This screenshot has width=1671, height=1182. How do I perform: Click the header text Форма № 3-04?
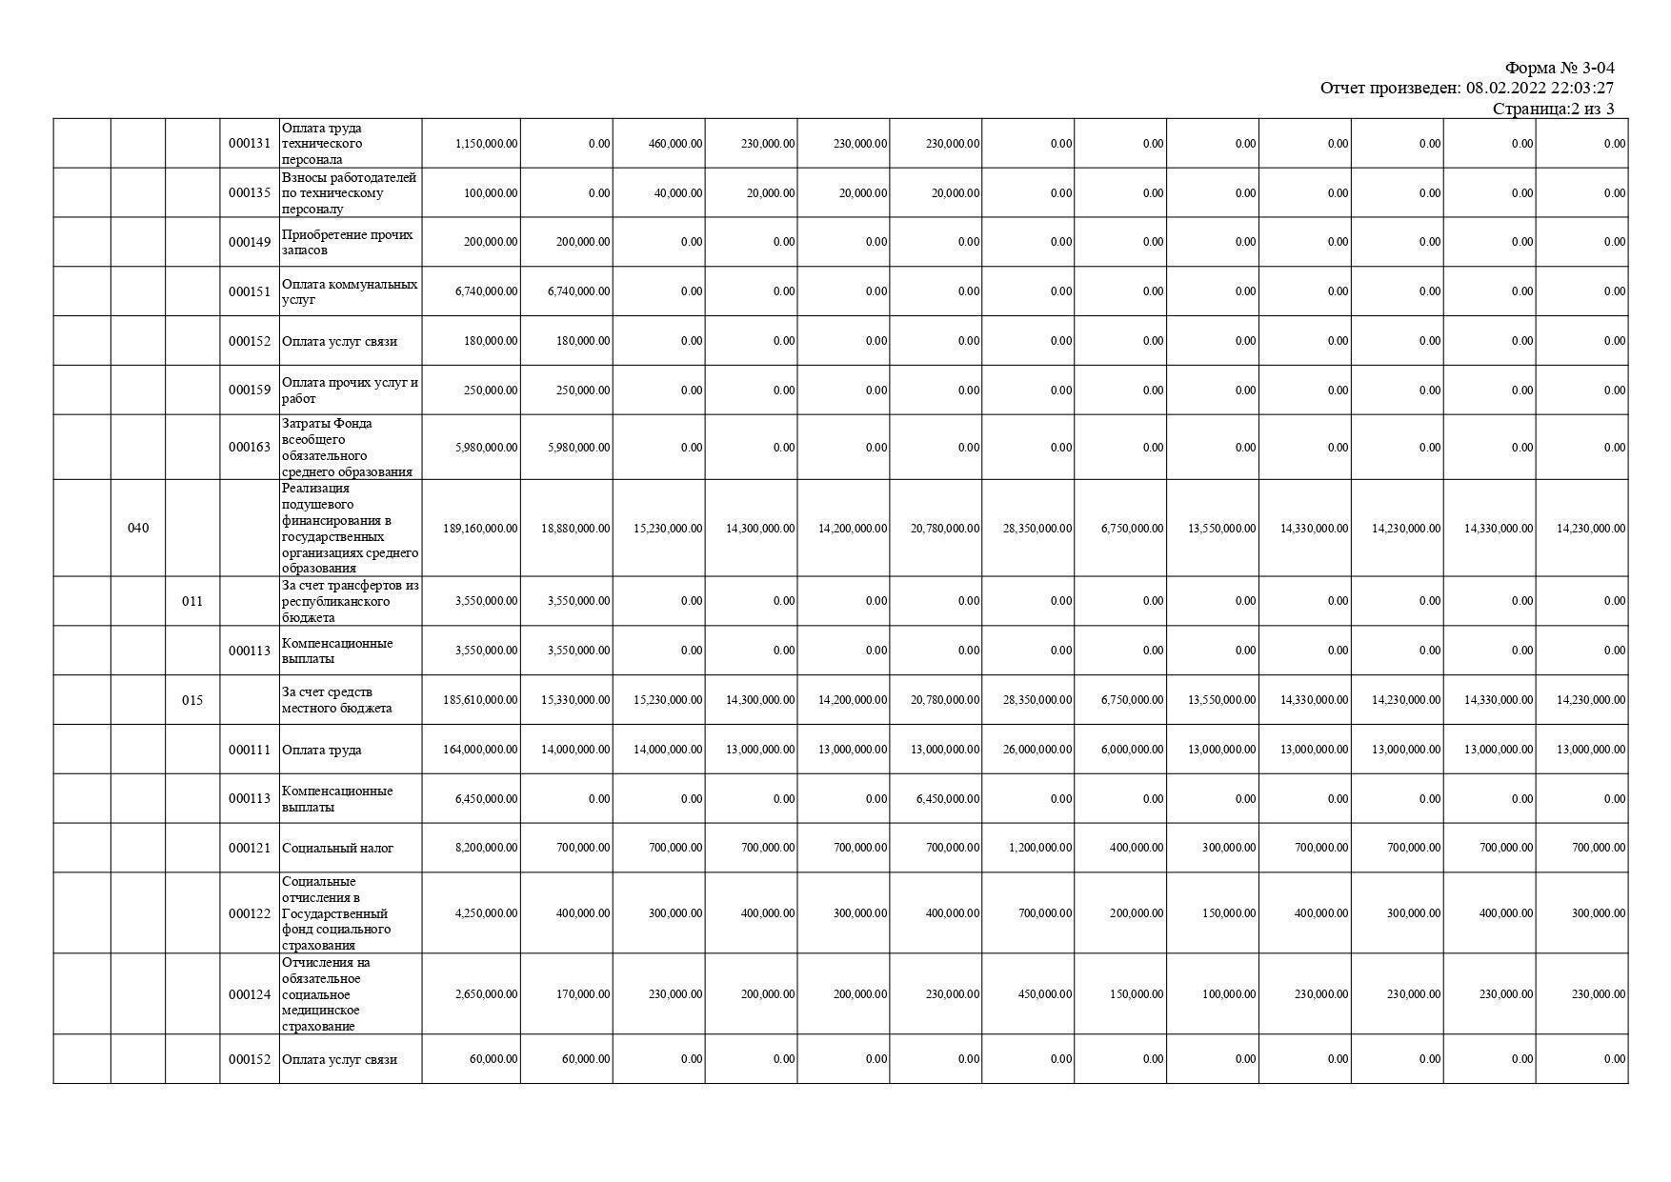pyautogui.click(x=1559, y=68)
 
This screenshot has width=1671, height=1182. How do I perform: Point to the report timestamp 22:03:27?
pyautogui.click(x=1582, y=89)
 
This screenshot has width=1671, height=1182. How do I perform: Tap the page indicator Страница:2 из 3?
pyautogui.click(x=1553, y=109)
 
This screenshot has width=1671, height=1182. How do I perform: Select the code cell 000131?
pyautogui.click(x=250, y=144)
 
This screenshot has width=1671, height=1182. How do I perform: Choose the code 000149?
pyautogui.click(x=250, y=242)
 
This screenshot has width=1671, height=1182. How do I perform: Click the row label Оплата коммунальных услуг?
pyautogui.click(x=349, y=291)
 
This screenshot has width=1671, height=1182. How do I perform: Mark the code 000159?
pyautogui.click(x=250, y=390)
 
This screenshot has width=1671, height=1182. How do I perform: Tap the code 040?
pyautogui.click(x=138, y=528)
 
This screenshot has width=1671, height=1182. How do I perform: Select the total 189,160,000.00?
pyautogui.click(x=480, y=528)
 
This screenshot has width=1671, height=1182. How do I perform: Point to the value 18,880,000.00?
pyautogui.click(x=575, y=528)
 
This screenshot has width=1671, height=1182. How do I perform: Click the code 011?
pyautogui.click(x=192, y=601)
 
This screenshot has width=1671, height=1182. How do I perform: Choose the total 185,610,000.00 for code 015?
pyautogui.click(x=480, y=700)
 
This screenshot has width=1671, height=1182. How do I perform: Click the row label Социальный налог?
pyautogui.click(x=337, y=848)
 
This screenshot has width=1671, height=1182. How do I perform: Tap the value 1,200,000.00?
pyautogui.click(x=1040, y=848)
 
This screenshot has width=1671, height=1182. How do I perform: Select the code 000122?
pyautogui.click(x=250, y=913)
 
